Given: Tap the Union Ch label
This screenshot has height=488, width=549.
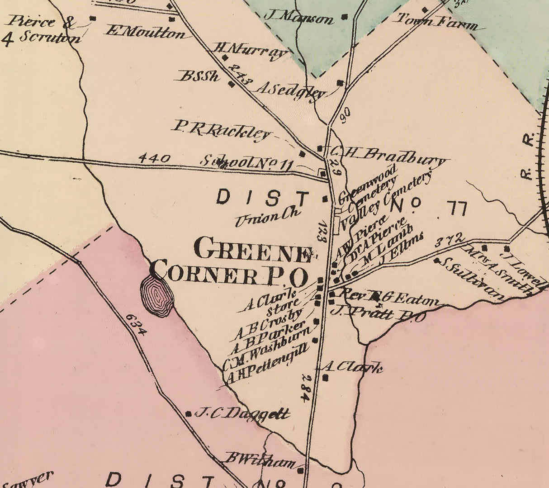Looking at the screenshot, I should (267, 217).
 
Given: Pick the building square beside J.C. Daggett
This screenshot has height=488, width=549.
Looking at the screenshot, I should (189, 413).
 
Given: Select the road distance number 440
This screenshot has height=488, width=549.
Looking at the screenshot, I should (154, 159).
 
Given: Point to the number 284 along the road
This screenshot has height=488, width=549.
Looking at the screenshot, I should (306, 388).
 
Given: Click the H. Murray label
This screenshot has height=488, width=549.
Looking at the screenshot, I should (250, 51).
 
